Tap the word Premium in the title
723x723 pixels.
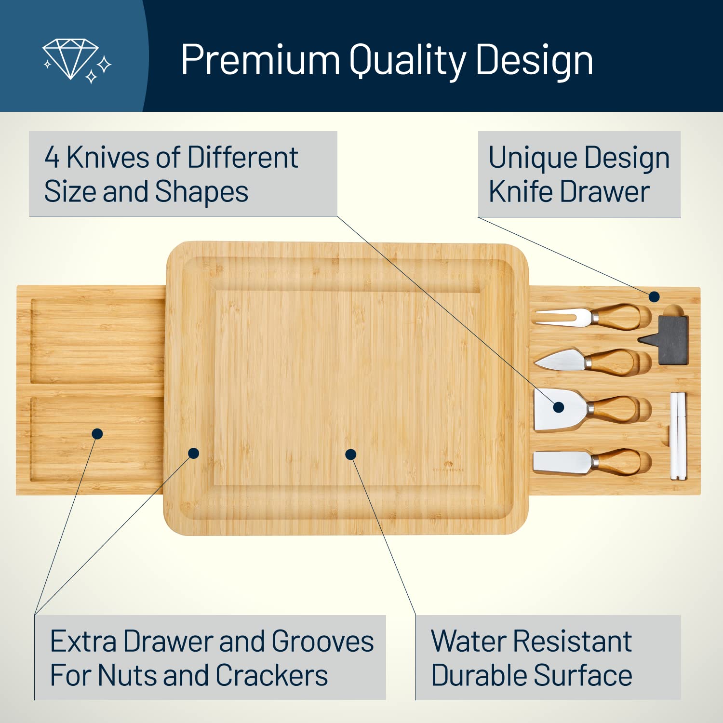(x=260, y=60)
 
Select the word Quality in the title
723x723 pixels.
(x=407, y=61)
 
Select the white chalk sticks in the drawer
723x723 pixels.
(x=678, y=436)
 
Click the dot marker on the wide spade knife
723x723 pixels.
(x=559, y=407)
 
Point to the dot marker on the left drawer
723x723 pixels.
(x=97, y=434)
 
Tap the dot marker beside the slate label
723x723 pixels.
(x=654, y=296)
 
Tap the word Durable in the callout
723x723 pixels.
(x=479, y=675)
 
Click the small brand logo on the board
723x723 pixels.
(x=448, y=466)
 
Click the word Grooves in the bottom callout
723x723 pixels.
(x=322, y=642)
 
